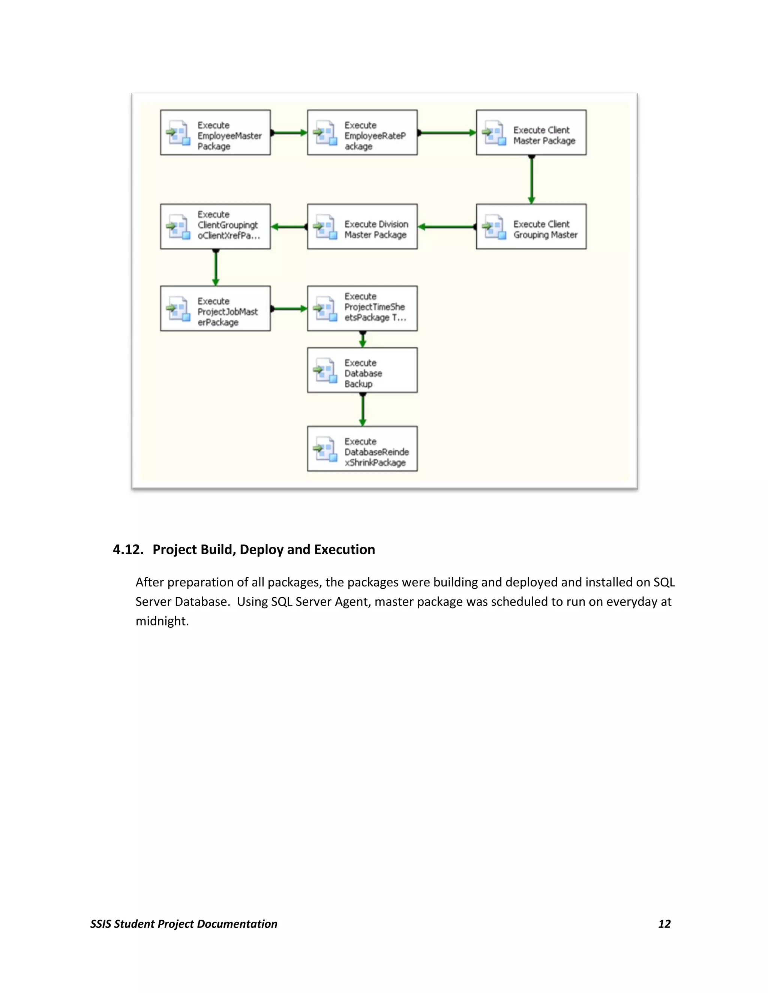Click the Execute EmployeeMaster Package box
pyautogui.click(x=215, y=132)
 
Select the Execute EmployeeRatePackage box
pyautogui.click(x=362, y=132)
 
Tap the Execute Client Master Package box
pyautogui.click(x=531, y=132)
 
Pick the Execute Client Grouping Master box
pyautogui.click(x=531, y=226)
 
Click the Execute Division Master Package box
pyautogui.click(x=362, y=226)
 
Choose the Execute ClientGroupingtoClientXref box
pyautogui.click(x=215, y=226)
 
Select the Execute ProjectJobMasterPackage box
pyautogui.click(x=215, y=308)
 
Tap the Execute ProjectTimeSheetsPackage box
pyautogui.click(x=362, y=308)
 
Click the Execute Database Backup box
pyautogui.click(x=362, y=370)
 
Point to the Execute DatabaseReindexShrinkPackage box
pyautogui.click(x=362, y=449)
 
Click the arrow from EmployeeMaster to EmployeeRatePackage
pyautogui.click(x=289, y=133)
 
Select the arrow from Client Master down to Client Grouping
pyautogui.click(x=531, y=179)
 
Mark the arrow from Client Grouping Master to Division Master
pyautogui.click(x=447, y=227)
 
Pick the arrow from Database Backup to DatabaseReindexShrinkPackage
pyautogui.click(x=363, y=409)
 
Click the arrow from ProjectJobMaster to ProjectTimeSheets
pyautogui.click(x=289, y=309)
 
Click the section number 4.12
pyautogui.click(x=128, y=550)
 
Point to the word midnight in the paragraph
pyautogui.click(x=162, y=621)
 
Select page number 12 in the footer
pyautogui.click(x=664, y=924)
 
